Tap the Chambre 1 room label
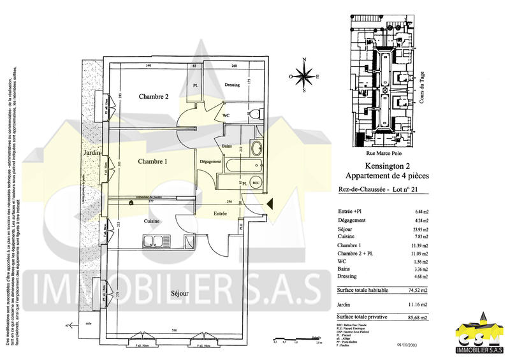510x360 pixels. pyautogui.click(x=152, y=162)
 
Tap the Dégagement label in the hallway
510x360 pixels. pyautogui.click(x=210, y=161)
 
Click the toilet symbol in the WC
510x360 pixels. pyautogui.click(x=253, y=114)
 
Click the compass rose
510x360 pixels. pyautogui.click(x=305, y=76)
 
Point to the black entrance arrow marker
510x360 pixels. pyautogui.click(x=270, y=205)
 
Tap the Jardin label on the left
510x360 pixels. pyautogui.click(x=88, y=154)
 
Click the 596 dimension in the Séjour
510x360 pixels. pyautogui.click(x=174, y=330)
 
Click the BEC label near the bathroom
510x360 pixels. pyautogui.click(x=256, y=183)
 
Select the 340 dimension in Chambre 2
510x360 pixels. pyautogui.click(x=148, y=66)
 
